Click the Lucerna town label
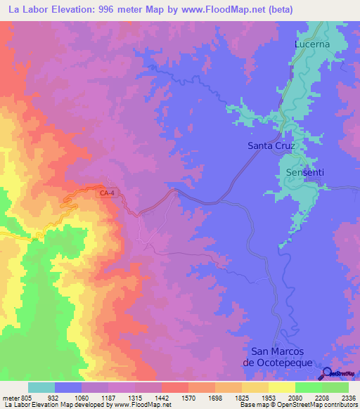point(311,44)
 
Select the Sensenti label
point(305,172)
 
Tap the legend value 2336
point(348,398)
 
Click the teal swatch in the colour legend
point(41,387)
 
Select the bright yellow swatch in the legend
point(281,387)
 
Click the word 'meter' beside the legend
point(11,398)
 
